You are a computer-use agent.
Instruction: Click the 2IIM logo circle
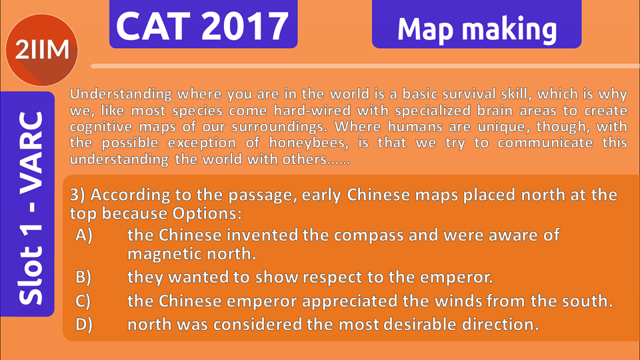click(x=41, y=50)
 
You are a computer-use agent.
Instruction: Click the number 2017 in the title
click(x=245, y=26)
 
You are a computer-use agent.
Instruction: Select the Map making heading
click(x=477, y=30)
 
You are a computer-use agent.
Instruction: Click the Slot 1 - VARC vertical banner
click(x=27, y=204)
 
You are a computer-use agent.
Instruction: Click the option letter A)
click(x=84, y=235)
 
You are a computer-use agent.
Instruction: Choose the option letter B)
click(x=83, y=277)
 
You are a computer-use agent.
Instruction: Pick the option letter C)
click(x=83, y=301)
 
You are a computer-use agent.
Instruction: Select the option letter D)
click(x=84, y=325)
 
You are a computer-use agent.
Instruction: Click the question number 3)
click(x=77, y=195)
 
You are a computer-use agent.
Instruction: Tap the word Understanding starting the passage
click(x=121, y=94)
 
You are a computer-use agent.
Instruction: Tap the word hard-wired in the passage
click(x=313, y=110)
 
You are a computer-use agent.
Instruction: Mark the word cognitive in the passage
click(x=101, y=127)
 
